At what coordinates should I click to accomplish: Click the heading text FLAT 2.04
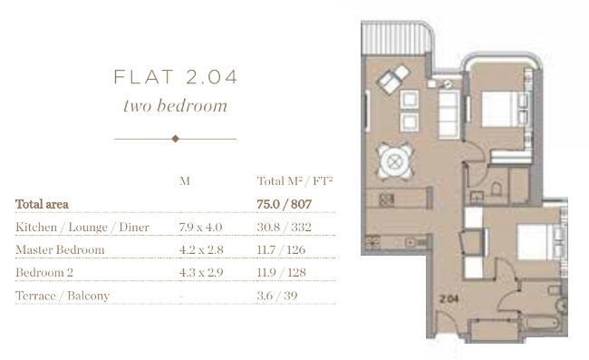pos(176,77)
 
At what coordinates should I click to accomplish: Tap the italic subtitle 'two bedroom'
pos(176,105)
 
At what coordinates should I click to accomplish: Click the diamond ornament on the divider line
pos(176,139)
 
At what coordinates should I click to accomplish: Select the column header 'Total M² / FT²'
pos(294,181)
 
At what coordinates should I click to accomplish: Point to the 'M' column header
pos(185,181)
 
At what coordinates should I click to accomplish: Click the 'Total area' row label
pos(42,204)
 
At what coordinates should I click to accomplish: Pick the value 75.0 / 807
pos(284,204)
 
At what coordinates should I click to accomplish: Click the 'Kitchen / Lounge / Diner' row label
pos(82,227)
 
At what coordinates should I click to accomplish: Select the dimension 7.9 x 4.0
pos(200,227)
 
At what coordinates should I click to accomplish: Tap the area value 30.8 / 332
pos(284,227)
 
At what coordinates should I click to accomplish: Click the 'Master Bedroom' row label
pos(60,249)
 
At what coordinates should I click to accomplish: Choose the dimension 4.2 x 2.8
pos(201,249)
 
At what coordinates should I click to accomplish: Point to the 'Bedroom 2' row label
pos(44,272)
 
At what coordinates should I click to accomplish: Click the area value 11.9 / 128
pos(281,272)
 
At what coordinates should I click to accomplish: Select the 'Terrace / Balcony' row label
pos(63,296)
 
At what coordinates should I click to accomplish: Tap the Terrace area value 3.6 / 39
pos(277,296)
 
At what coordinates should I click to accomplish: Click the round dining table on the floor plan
pos(394,162)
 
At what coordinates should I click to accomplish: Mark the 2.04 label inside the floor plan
pos(449,298)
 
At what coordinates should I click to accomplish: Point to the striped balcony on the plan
pos(396,37)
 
